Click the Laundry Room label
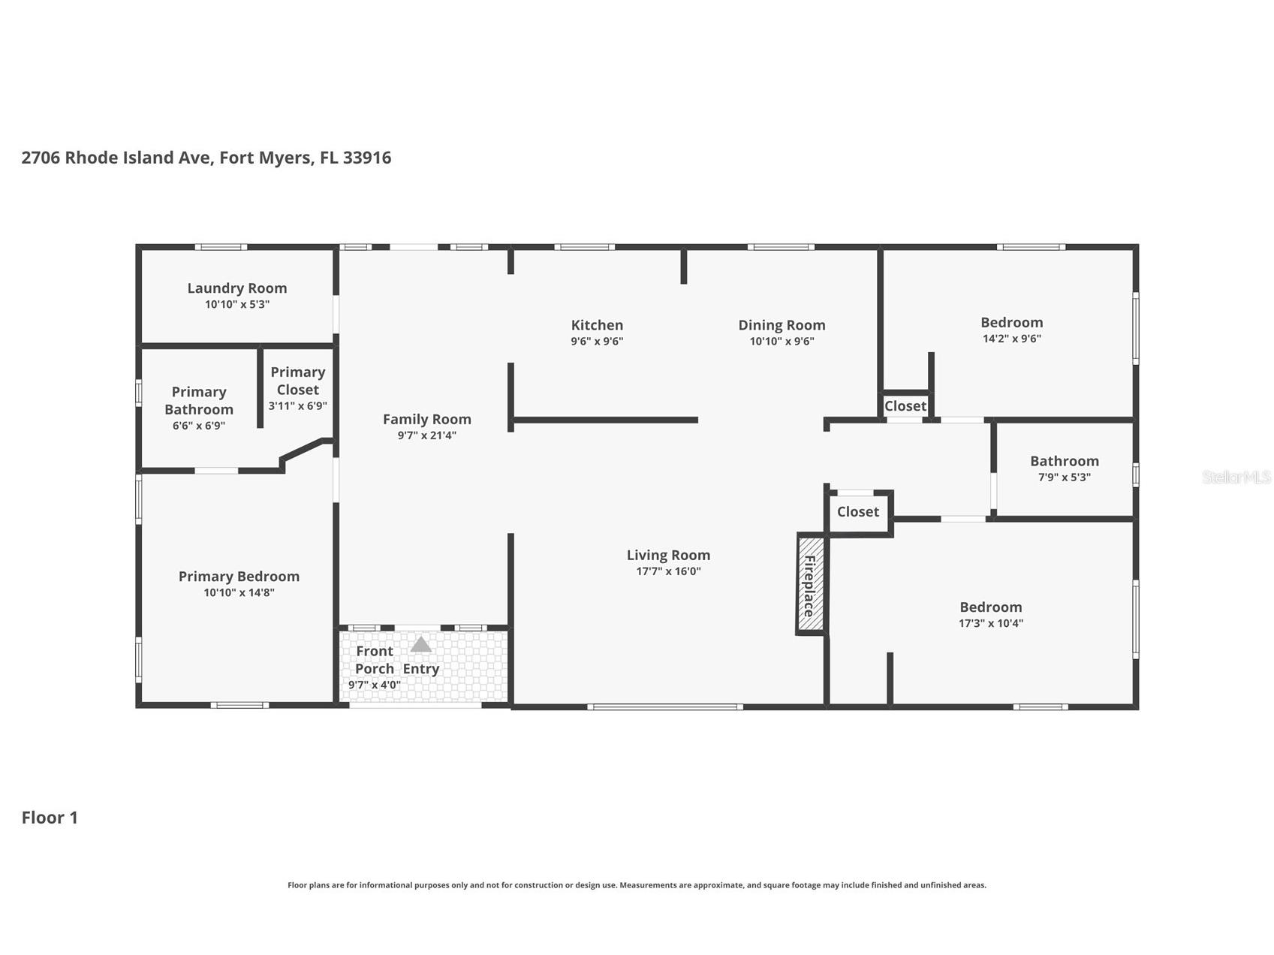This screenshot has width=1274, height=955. point(236,288)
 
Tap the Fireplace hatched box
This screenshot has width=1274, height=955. point(810,584)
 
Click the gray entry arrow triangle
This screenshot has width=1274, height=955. point(420,645)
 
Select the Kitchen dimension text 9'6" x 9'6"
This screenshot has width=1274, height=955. point(597,342)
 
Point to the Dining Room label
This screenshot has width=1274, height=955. point(782,325)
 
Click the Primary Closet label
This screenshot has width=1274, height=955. point(298,381)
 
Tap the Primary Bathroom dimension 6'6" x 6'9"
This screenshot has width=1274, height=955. point(199,426)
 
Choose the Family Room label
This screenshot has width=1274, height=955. point(427,420)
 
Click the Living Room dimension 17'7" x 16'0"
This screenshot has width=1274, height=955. point(668,571)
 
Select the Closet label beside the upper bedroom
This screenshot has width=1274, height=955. point(905,406)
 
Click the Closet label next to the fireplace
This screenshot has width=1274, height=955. point(857,512)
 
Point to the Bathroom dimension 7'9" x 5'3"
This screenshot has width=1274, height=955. point(1064,477)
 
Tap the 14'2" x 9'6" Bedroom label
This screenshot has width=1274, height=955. point(1011,323)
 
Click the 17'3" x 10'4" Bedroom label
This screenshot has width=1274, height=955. point(990,607)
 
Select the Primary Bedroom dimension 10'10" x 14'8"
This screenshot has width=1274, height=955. point(239,593)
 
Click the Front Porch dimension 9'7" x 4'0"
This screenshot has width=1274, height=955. point(374,685)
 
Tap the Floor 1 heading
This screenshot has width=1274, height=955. point(50,818)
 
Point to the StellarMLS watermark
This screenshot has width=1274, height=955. point(1236,477)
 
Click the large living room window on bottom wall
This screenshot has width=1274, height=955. point(665,706)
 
